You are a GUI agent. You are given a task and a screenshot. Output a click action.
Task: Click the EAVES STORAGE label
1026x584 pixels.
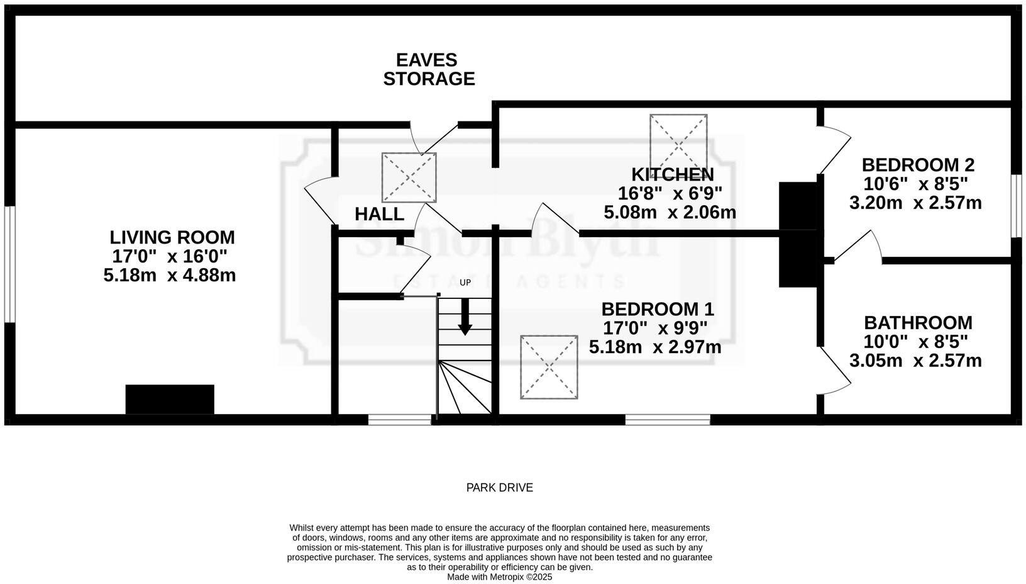pos(429,69)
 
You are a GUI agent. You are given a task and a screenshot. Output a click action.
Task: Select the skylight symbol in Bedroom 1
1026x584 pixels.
pos(549,367)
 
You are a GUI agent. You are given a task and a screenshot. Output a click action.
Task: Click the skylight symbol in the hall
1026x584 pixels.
pos(409,177)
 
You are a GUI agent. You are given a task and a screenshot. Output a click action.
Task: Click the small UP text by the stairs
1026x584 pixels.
pos(465,283)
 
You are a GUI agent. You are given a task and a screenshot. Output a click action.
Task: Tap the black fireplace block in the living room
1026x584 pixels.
pos(170,399)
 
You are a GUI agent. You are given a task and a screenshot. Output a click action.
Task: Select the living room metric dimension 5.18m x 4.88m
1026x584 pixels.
pos(170,275)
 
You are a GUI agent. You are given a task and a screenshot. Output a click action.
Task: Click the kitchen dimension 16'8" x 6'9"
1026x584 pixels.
pos(670,193)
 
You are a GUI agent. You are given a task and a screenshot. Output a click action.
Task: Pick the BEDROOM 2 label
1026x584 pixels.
pos(917,165)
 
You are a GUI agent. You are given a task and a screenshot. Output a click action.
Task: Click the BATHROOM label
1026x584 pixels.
pos(918,323)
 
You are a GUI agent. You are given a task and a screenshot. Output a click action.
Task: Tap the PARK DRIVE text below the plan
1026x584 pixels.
pos(499,487)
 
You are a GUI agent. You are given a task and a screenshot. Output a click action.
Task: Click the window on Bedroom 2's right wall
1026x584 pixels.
pos(1016,206)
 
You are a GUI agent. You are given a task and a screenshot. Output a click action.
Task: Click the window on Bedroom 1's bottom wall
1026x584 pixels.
pos(668,419)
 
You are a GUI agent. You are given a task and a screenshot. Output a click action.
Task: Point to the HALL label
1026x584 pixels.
pos(379,214)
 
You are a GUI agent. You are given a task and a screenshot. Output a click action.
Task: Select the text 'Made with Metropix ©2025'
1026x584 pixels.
pos(499,576)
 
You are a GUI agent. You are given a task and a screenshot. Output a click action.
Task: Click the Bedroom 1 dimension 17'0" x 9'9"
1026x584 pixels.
pos(655,328)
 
